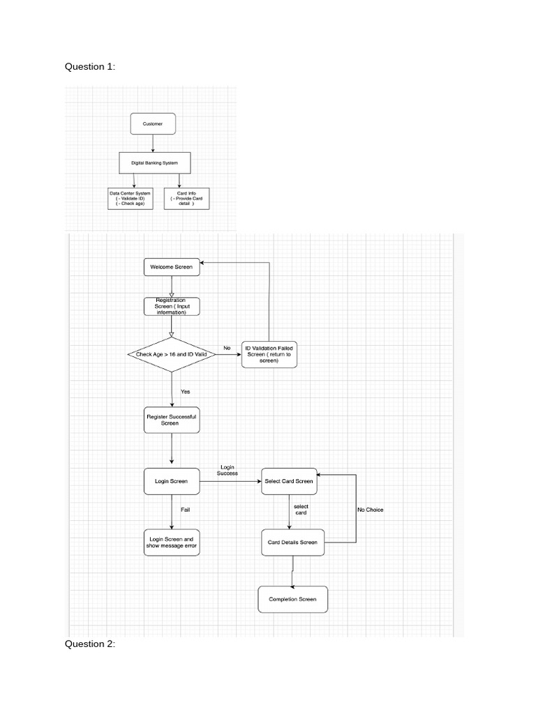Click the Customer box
[153, 123]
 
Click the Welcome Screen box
[171, 267]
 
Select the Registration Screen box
[171, 306]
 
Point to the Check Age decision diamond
[171, 354]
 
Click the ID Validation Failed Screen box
[269, 354]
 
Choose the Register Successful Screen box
[171, 420]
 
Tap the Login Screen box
[171, 481]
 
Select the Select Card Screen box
[289, 481]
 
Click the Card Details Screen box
[292, 542]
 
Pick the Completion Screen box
[292, 599]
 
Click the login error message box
[172, 542]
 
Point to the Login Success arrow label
[228, 470]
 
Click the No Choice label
[370, 510]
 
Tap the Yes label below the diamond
[185, 391]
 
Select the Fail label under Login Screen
[185, 510]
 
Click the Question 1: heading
[90, 66]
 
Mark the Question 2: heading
[90, 644]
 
